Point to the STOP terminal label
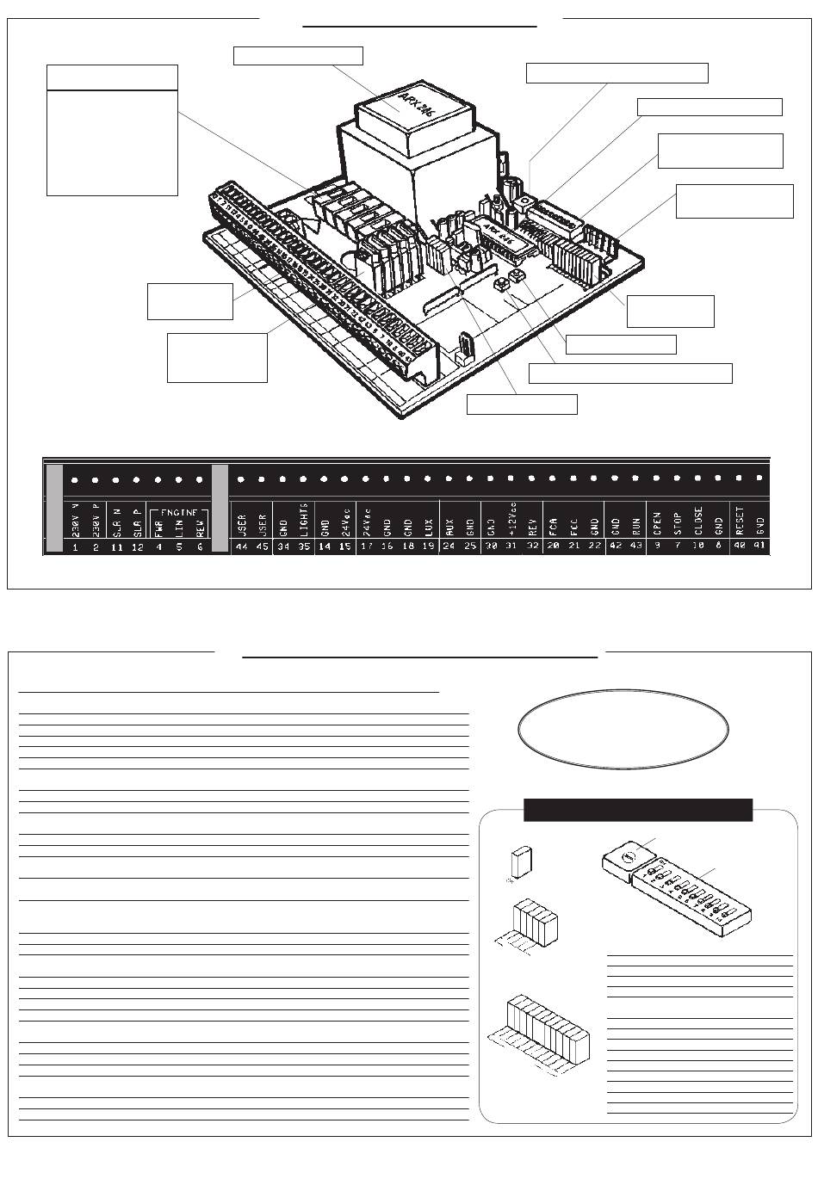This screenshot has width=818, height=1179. tap(677, 522)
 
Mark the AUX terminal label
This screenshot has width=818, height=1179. tap(449, 525)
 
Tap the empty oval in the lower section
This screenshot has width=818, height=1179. tap(623, 725)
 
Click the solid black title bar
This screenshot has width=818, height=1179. tap(638, 810)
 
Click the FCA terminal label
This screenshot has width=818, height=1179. tap(553, 524)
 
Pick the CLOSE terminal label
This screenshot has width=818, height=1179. tap(697, 521)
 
